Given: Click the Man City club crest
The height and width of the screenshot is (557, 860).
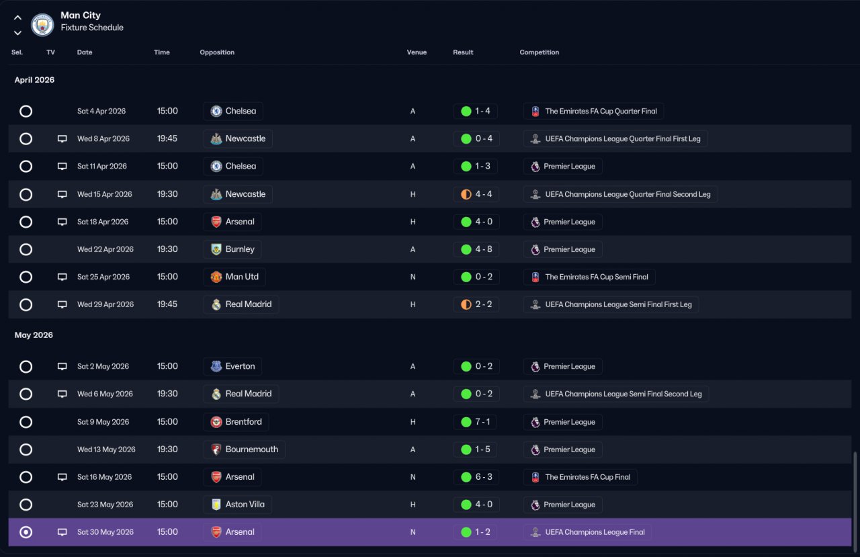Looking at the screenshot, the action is tap(42, 25).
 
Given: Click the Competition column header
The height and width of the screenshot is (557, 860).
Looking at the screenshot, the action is tap(539, 52).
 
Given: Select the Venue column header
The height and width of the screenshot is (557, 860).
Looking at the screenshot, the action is tap(417, 52).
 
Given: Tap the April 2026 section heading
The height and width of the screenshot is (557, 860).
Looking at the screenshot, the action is tap(34, 80).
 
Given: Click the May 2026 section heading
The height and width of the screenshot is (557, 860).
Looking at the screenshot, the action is tap(34, 335).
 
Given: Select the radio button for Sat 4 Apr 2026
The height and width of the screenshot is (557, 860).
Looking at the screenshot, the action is tap(26, 112).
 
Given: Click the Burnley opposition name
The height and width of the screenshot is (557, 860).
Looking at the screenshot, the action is tap(240, 249).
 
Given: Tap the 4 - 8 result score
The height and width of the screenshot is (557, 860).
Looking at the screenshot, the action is tap(483, 249).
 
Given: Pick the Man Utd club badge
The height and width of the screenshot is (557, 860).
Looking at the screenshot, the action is tap(216, 277).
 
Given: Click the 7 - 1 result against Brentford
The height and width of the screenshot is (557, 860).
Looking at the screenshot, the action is tap(482, 422).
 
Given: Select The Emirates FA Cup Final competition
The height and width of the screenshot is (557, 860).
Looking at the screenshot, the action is tap(587, 477).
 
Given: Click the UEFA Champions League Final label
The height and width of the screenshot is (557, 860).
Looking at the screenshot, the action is tap(595, 532).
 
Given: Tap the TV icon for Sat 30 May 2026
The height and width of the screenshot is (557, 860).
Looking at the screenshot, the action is tap(62, 532).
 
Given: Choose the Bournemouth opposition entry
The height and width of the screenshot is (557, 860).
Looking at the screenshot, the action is tap(251, 449).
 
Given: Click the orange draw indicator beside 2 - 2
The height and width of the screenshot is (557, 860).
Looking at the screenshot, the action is tap(466, 304).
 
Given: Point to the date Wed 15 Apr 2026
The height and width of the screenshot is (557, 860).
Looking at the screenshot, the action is tap(104, 194).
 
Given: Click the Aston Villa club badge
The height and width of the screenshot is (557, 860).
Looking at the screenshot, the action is tap(216, 505).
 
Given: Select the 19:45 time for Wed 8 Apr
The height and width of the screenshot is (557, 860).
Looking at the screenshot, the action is tap(167, 138).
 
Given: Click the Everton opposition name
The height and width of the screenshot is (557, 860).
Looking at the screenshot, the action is tap(240, 366).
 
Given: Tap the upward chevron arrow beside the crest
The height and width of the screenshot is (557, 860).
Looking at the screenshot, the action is tap(17, 17).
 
